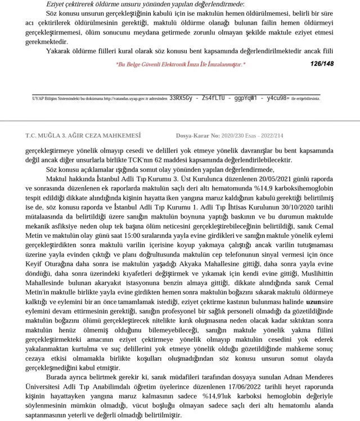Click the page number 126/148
[322, 64]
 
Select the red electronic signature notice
[180, 65]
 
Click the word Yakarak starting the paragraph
[59, 51]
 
